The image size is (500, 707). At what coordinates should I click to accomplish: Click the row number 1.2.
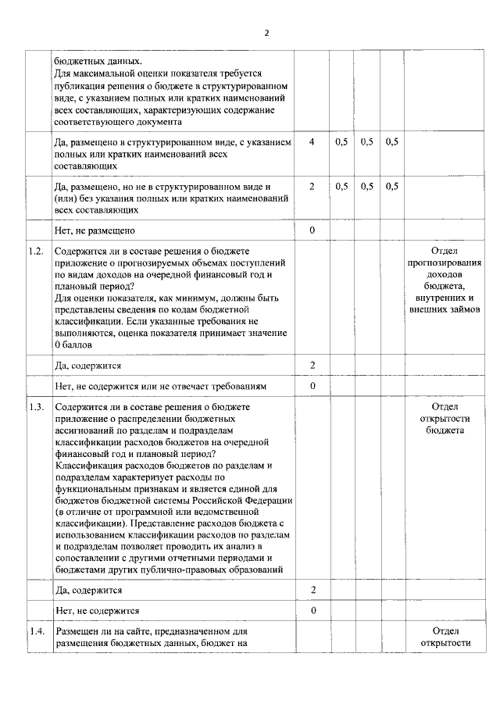point(34,252)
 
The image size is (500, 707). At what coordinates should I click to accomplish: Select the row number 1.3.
point(34,407)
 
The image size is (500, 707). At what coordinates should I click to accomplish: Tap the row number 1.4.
point(34,630)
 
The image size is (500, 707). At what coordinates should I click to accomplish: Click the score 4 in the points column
point(312,142)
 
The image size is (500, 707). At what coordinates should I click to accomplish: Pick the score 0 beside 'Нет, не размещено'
point(312,230)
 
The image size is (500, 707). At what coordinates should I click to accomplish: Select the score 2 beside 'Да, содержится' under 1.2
point(312,365)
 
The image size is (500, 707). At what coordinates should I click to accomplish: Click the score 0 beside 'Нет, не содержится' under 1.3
point(312,610)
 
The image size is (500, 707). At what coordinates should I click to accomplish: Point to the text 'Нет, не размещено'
point(95,230)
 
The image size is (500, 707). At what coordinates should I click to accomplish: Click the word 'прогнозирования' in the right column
point(445,263)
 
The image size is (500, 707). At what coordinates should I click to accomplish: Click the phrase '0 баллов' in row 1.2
point(74,345)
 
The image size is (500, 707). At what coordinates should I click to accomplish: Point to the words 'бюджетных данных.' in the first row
point(98,60)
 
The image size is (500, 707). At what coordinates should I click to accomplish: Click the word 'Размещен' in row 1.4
point(77,630)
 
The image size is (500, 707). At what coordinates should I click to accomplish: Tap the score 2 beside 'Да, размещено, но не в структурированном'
point(312,187)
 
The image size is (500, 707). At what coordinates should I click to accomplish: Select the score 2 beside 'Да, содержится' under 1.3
point(312,590)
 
